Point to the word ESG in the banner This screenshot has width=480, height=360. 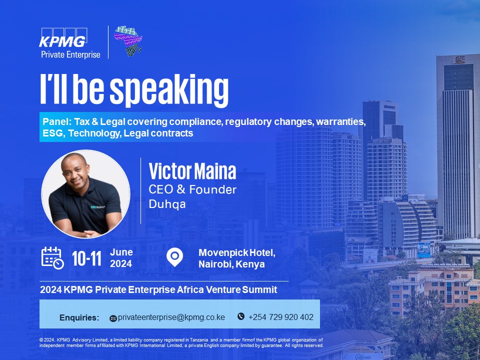51,133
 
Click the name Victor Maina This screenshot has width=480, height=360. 192,171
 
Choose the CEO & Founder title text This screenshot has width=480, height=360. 192,189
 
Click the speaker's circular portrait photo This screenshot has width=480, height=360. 85,194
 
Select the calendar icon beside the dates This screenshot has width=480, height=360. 52,257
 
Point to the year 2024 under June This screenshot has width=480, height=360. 120,263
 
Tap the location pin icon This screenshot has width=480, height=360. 174,257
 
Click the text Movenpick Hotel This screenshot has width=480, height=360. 236,253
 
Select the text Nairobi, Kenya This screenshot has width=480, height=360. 231,264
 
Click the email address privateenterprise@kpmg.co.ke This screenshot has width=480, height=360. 171,317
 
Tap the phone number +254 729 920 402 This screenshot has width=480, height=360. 281,317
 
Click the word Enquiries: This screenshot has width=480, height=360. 79,318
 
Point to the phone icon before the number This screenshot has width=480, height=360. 241,316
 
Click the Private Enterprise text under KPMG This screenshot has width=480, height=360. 70,54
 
